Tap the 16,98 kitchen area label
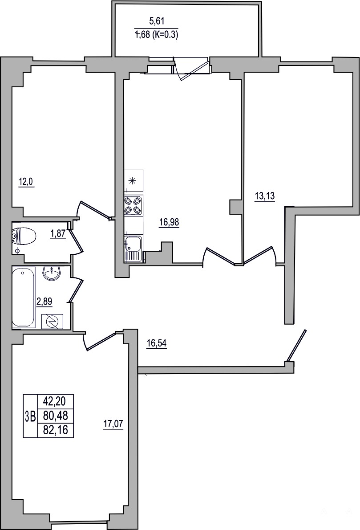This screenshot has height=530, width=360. click(169, 222)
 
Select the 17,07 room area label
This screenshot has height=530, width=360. click(113, 424)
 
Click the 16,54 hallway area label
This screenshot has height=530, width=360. click(157, 344)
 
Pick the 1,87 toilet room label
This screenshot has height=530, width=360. click(58, 233)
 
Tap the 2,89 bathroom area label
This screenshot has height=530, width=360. click(44, 301)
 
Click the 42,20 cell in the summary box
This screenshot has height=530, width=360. click(55, 402)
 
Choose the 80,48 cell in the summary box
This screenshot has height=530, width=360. click(55, 416)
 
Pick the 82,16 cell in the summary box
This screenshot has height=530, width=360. click(55, 430)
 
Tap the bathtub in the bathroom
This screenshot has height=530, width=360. click(23, 297)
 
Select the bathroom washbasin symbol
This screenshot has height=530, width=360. click(52, 273)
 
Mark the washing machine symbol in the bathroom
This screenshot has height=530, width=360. click(52, 321)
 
